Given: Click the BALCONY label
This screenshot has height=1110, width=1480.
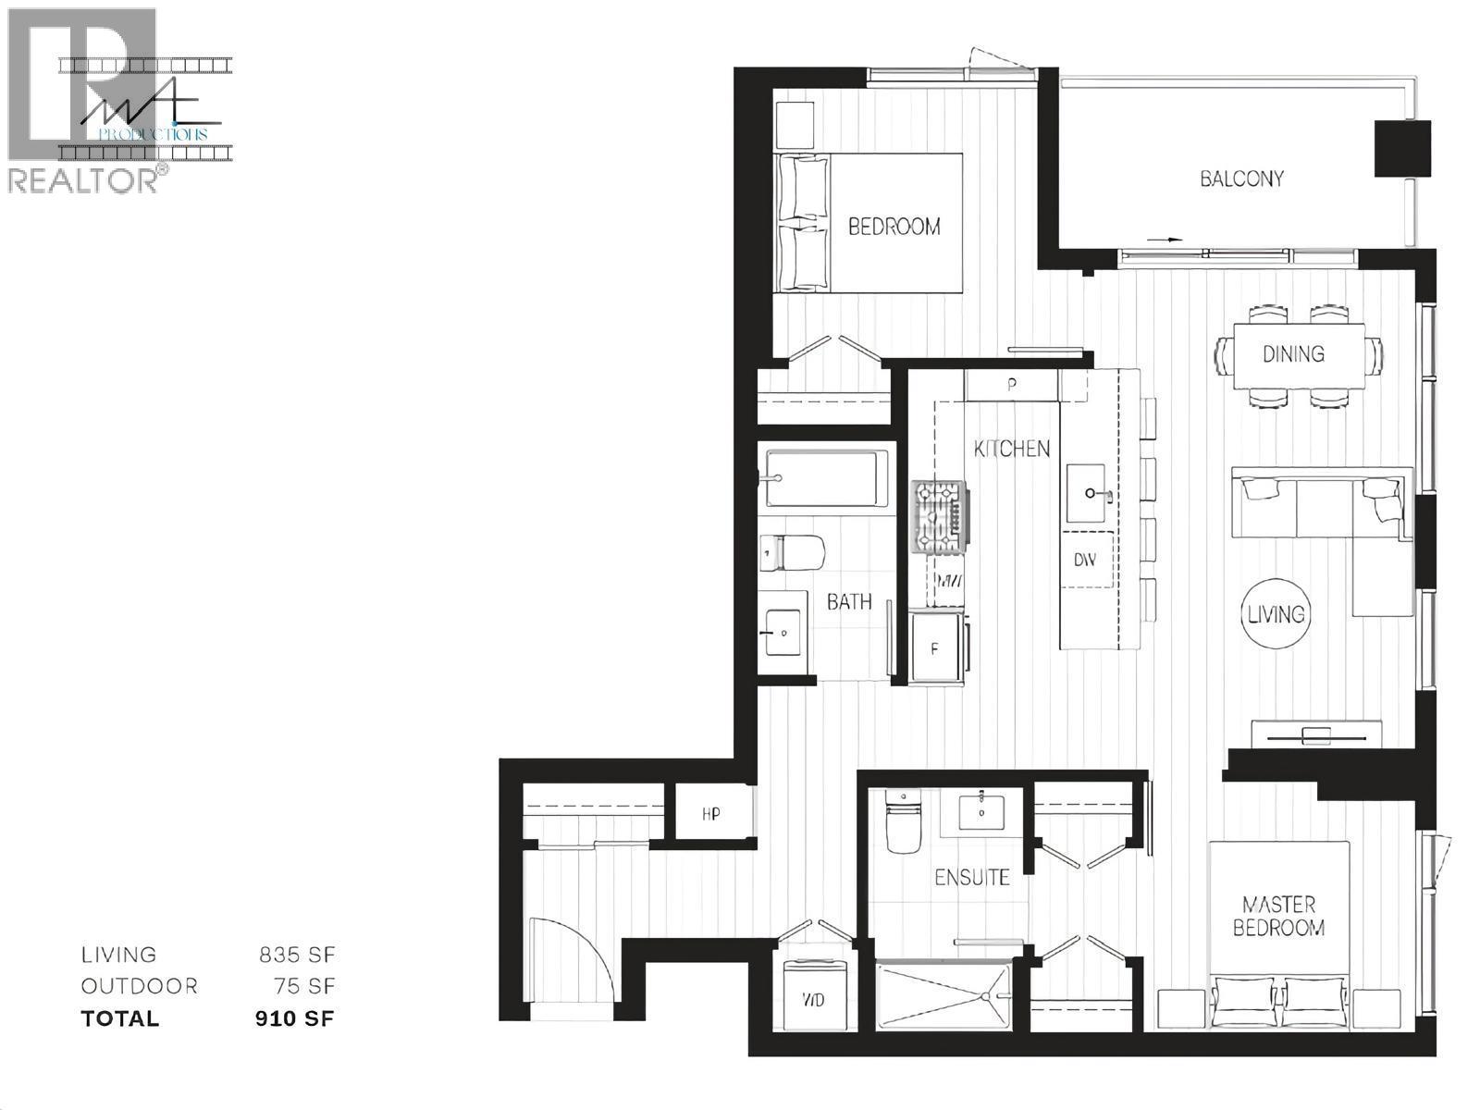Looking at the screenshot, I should (1241, 179).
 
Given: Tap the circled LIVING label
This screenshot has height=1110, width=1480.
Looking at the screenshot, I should (1276, 613).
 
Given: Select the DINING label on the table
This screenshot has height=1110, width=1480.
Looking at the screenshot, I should (1293, 353).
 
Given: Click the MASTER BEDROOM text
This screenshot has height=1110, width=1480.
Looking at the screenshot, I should (1278, 916).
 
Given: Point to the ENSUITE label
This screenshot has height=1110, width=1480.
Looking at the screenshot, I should (971, 877).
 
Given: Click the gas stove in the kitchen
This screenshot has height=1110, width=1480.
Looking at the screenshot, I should (941, 518).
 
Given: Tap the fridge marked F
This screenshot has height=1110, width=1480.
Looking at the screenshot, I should (935, 649).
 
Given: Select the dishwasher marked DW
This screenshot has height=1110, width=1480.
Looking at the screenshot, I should (1085, 560).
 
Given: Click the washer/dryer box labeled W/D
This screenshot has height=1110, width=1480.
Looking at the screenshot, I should (814, 1000).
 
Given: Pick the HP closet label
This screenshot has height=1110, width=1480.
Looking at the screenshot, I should (710, 814).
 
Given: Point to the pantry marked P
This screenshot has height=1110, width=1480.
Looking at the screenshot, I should (1012, 385).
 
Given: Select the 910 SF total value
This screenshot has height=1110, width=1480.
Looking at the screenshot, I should (294, 1019).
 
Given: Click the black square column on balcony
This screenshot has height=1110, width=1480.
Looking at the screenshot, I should (1401, 148).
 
